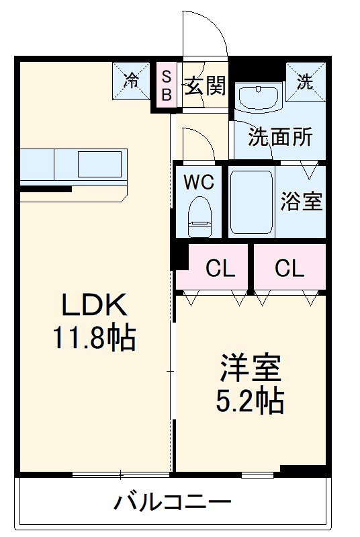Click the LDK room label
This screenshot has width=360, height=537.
tap(94, 306)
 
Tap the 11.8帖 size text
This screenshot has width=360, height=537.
tap(94, 338)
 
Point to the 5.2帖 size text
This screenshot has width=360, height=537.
tap(250, 401)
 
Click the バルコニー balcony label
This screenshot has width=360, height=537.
tap(172, 501)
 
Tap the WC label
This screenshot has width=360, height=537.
tap(199, 183)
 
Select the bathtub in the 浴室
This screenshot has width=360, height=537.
tap(251, 202)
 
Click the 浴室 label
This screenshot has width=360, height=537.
tap(302, 202)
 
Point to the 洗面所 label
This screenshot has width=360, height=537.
tap(281, 137)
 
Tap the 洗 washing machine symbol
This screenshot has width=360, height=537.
tap(306, 81)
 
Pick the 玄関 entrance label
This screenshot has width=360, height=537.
tap(205, 85)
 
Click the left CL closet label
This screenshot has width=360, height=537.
tap(220, 269)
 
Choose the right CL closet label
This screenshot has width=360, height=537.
tap(289, 269)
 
